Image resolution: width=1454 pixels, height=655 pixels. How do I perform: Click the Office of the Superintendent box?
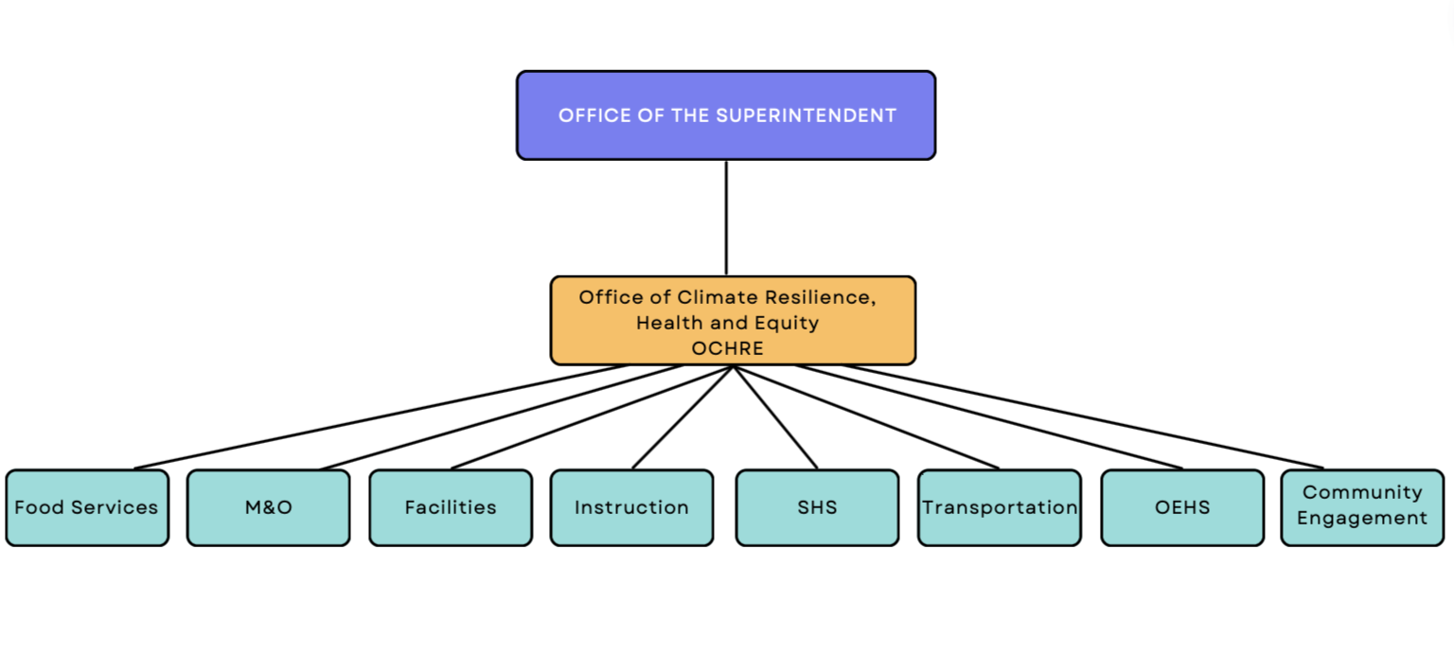(x=726, y=115)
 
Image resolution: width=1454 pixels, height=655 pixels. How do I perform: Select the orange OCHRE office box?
(x=733, y=320)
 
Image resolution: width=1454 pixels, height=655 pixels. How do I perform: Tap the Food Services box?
(x=87, y=507)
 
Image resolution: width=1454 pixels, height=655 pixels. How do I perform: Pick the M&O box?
(x=268, y=507)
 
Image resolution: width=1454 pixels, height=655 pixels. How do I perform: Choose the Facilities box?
(x=451, y=507)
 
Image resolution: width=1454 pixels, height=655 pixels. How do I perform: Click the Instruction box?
(x=631, y=507)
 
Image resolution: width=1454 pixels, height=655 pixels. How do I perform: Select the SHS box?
(x=817, y=507)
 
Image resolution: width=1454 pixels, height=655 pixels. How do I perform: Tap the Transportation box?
(x=1000, y=507)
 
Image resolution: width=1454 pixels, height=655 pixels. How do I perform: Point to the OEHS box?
(x=1182, y=507)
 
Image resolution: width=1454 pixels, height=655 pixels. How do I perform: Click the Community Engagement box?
(x=1362, y=507)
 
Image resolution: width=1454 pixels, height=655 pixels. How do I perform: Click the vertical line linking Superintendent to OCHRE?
(x=726, y=218)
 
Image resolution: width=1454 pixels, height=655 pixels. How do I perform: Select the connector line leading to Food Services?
(x=379, y=416)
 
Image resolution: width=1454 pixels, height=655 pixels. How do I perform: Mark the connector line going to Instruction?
(x=683, y=416)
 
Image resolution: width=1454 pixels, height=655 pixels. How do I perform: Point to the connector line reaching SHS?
(x=775, y=416)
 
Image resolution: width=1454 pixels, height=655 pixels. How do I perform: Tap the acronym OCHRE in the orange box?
(x=727, y=348)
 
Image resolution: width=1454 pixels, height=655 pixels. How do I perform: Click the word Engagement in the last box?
(x=1362, y=518)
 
